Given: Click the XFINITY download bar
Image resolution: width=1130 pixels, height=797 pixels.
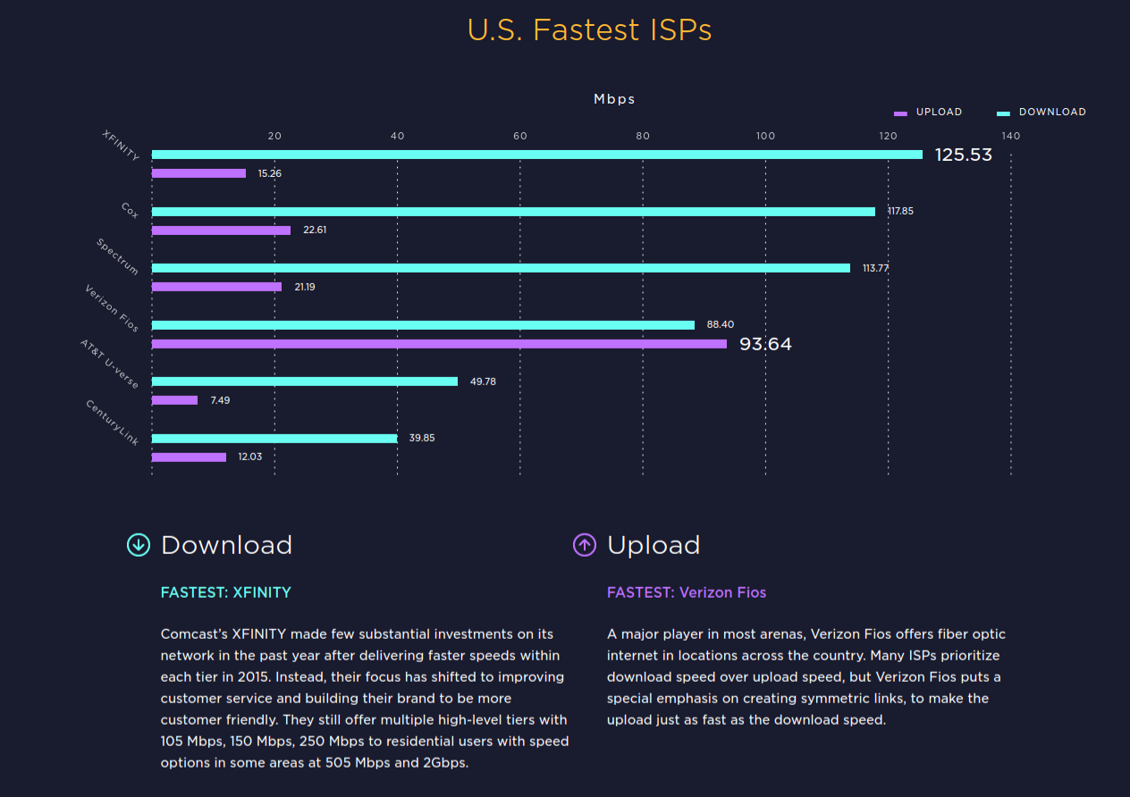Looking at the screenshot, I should point(536,155).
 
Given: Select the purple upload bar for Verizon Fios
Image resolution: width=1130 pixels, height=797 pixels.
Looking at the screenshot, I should point(439,344).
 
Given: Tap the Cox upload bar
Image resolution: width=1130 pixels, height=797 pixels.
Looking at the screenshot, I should point(221,231).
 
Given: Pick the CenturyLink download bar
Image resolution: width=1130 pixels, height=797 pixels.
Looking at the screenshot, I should point(274,439).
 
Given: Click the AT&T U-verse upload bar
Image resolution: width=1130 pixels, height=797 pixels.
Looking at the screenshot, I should point(174,400).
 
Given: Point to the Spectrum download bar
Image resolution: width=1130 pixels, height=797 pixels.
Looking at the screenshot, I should point(501,268).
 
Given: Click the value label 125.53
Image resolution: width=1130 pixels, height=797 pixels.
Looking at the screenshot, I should point(963,155).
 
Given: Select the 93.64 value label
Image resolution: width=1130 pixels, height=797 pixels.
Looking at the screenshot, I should point(765,344).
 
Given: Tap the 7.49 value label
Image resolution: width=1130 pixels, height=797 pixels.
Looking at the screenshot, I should point(220,400).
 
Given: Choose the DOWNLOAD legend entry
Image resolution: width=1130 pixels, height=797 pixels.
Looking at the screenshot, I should point(1042,113).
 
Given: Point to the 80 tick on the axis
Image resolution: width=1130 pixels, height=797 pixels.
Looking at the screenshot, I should point(643,137).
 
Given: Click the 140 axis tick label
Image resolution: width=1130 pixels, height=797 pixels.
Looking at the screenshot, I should point(1011,137).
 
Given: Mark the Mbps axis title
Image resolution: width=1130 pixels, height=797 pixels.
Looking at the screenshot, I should point(615,99).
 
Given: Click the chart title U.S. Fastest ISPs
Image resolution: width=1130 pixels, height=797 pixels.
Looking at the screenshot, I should point(590,30).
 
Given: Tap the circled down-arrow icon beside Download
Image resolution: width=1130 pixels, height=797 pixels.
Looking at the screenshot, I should point(139,544).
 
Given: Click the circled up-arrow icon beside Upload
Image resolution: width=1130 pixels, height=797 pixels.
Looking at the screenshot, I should point(585,544).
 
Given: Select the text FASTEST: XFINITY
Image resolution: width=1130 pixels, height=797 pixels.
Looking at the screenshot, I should point(226,592).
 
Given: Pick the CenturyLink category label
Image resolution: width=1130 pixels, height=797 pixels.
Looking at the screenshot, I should point(114,423).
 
